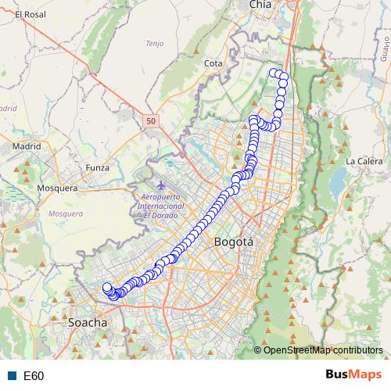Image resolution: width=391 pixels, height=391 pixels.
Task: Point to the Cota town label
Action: (x=213, y=63)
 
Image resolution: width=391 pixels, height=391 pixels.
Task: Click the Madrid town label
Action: (x=26, y=145)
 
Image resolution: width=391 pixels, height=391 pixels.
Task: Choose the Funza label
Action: (x=98, y=167)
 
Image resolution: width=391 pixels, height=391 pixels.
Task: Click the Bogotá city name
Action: (x=234, y=242)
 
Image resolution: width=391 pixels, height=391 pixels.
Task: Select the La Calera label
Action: (x=364, y=161)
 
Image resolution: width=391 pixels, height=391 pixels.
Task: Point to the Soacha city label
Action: (x=88, y=321)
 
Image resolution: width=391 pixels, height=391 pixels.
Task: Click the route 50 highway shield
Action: (x=151, y=120)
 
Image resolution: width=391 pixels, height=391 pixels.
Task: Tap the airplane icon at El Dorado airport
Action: (x=160, y=185)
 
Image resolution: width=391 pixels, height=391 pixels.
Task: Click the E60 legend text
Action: (x=34, y=375)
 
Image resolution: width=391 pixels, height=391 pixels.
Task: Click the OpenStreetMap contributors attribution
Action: (x=323, y=350)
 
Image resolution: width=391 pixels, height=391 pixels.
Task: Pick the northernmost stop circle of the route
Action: (x=274, y=73)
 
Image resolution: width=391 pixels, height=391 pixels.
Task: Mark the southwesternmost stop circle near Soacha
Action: (x=107, y=288)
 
